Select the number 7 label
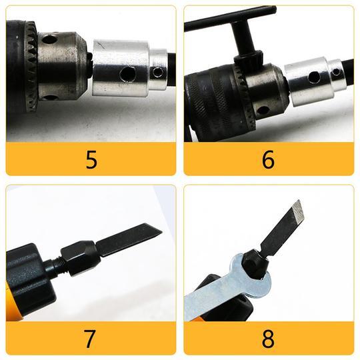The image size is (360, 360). tap(91, 339)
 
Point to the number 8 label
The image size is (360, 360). tap(268, 339)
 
